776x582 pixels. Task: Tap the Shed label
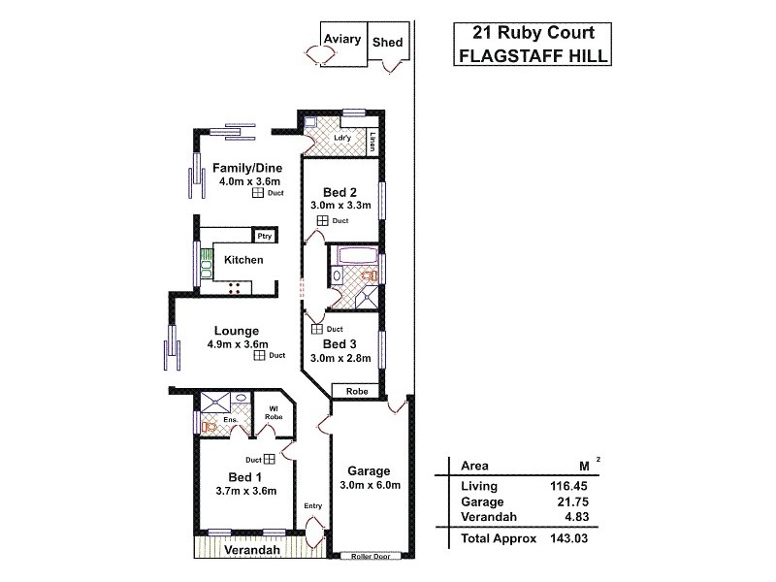[x=387, y=43]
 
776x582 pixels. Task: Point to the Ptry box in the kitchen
[x=263, y=236]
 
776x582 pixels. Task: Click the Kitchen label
[x=243, y=261]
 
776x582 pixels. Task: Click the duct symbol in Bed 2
[x=321, y=221]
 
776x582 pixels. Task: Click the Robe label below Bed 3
[x=353, y=391]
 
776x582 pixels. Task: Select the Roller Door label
[x=371, y=559]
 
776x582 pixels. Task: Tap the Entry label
[x=312, y=505]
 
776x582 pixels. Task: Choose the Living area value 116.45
[x=568, y=486]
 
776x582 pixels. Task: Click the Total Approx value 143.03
[x=568, y=537]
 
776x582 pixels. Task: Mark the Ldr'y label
[x=341, y=138]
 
